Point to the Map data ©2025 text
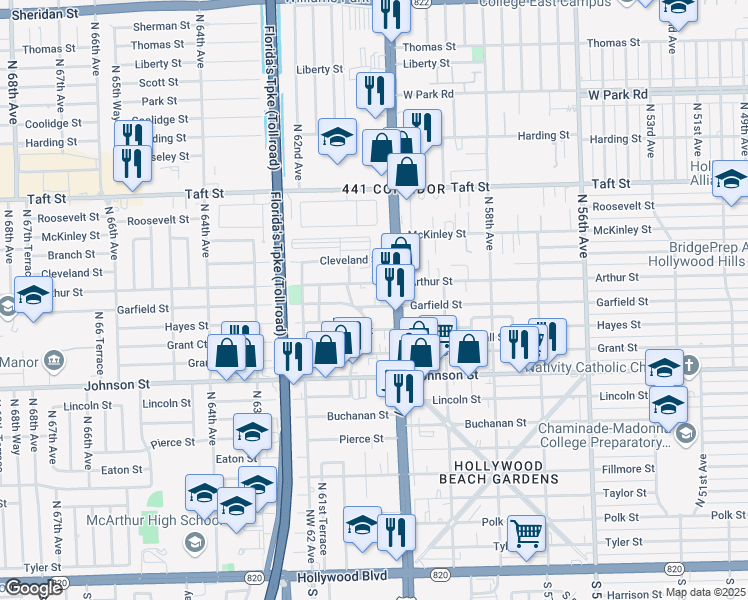[x=705, y=592]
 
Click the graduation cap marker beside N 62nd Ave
[x=338, y=137]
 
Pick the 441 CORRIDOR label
[x=392, y=188]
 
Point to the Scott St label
[x=158, y=83]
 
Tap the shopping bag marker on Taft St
[x=407, y=171]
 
